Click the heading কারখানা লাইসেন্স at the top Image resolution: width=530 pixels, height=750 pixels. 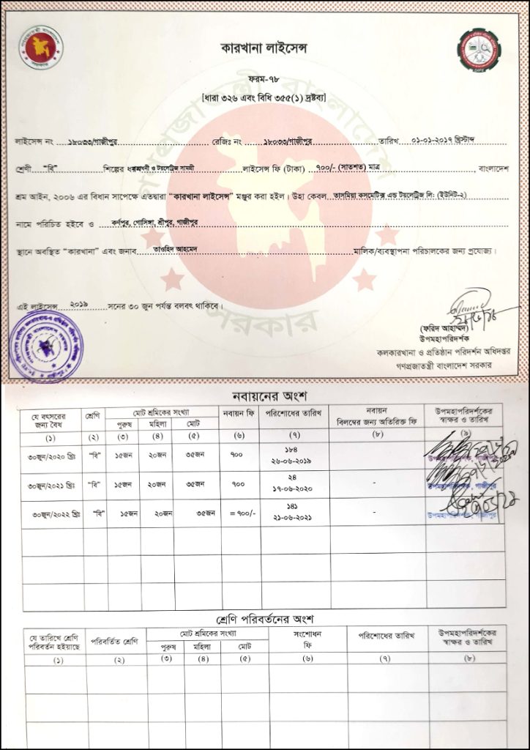click(x=265, y=48)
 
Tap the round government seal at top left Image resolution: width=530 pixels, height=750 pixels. click(x=41, y=47)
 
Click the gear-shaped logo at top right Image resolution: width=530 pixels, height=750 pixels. click(x=479, y=50)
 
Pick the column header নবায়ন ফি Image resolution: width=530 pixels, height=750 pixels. click(x=239, y=416)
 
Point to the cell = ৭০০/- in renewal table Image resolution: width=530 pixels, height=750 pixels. click(x=241, y=513)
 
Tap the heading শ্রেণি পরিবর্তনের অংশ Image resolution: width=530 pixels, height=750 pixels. click(x=264, y=620)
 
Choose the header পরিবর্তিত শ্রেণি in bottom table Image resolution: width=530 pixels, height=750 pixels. click(x=115, y=641)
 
